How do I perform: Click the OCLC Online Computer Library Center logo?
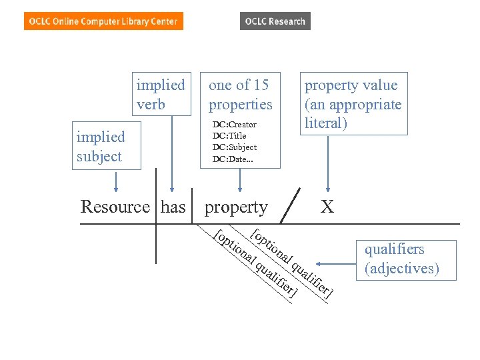pos(103,21)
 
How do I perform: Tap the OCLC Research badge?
pos(275,21)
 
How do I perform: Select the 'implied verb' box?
pos(161,94)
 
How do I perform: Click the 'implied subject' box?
pos(106,147)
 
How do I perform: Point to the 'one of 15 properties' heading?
pos(240,94)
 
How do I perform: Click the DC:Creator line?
pos(234,125)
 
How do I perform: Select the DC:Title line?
pos(229,136)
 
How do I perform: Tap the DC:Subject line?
pos(234,147)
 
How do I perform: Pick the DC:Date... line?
pos(233,159)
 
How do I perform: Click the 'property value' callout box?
pos(353,104)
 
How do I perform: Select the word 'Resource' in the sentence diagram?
pos(115,207)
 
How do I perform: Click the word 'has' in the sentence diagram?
pos(173,207)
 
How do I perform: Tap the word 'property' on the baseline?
pos(236,207)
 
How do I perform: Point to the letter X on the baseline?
pos(327,207)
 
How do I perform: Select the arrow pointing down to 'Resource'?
pos(117,181)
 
